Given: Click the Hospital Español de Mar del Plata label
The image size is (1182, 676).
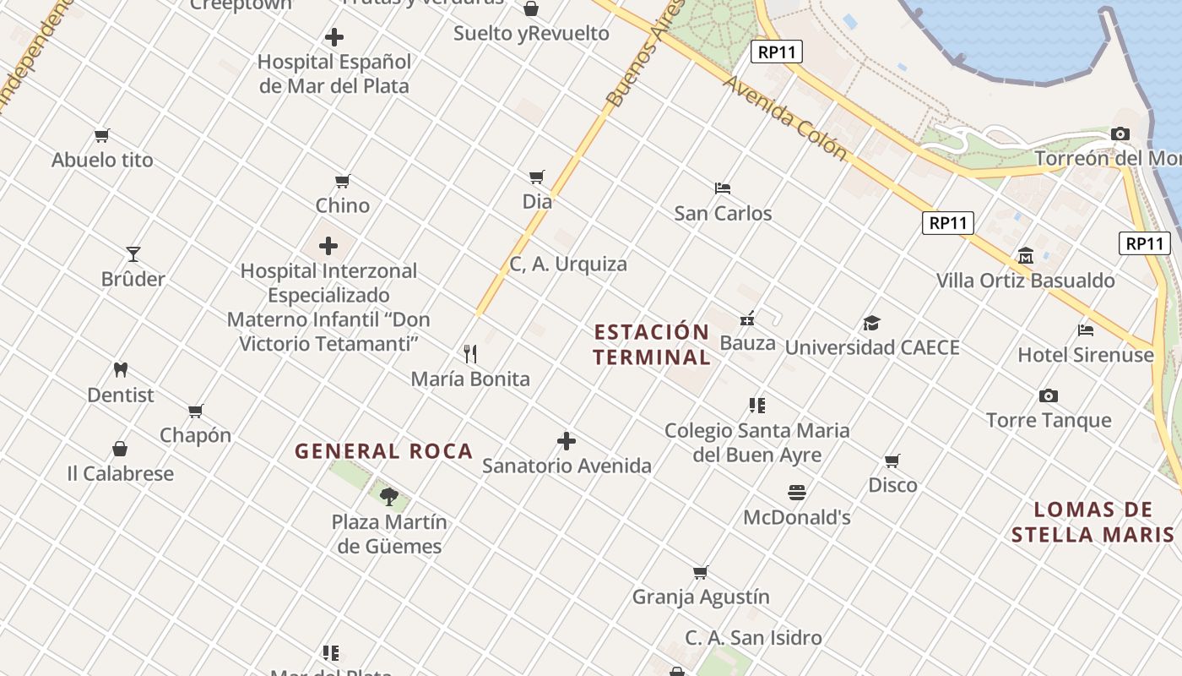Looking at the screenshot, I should pos(334,74).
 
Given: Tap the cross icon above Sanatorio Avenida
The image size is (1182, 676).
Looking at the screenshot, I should pos(567,441).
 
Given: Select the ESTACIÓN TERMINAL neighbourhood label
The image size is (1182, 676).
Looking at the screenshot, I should pos(651,344).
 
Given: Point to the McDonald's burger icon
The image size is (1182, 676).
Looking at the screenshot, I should pos(797,492).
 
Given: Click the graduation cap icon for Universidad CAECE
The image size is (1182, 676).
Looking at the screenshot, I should pos(871,323).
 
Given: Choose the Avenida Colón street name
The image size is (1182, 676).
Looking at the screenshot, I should pos(784,117).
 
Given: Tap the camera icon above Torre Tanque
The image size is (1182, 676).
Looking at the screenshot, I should pos(1049,395).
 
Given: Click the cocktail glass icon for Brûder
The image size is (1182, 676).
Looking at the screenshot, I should pos(133,254).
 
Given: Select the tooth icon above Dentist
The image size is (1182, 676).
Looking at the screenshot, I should pos(121,369).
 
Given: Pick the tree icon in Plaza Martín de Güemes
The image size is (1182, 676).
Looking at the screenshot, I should pos(388,496).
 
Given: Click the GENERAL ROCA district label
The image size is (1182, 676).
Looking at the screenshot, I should pos(383,451).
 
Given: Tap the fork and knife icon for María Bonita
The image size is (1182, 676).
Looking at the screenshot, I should pos(470,354).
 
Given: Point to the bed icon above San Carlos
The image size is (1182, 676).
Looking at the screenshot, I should pos(722,188).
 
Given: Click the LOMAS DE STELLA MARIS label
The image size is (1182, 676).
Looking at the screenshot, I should pos(1093,521).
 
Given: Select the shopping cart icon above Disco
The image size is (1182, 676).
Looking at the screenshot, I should pos(892,461).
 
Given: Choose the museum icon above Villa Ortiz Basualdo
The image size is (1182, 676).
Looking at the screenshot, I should pos(1026,255).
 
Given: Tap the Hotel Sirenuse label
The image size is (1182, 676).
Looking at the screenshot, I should pos(1085,355).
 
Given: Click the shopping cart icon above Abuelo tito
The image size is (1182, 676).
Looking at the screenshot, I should pos(102,135).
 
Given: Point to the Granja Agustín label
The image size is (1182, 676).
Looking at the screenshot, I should pos(701,597).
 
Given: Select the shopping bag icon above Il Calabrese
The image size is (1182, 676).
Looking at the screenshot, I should pos(121,449).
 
